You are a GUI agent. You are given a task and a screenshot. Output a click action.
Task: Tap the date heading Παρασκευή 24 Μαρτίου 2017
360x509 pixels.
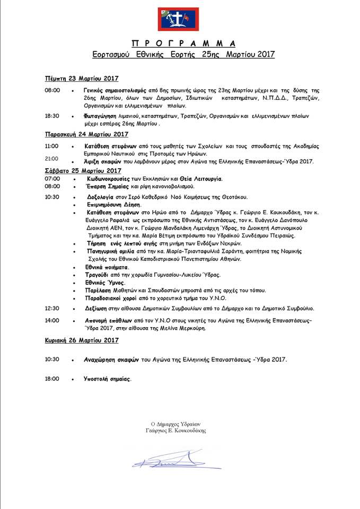[x=86, y=134]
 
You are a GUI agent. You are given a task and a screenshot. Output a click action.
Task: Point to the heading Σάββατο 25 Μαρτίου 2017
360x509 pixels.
[x=83, y=171]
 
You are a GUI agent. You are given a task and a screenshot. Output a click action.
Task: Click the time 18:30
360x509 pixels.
[x=52, y=116]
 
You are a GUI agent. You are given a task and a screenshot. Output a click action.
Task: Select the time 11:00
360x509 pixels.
[x=52, y=146]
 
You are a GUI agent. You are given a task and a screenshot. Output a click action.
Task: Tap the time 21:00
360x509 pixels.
[x=52, y=159]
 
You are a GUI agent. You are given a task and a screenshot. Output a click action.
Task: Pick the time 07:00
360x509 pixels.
[x=52, y=179]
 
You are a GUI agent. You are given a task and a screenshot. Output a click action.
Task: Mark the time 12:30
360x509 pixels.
[x=52, y=308]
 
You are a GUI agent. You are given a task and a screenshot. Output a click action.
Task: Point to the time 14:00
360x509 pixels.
[x=52, y=321]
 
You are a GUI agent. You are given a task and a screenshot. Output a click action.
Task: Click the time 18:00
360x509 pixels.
[x=52, y=379]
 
